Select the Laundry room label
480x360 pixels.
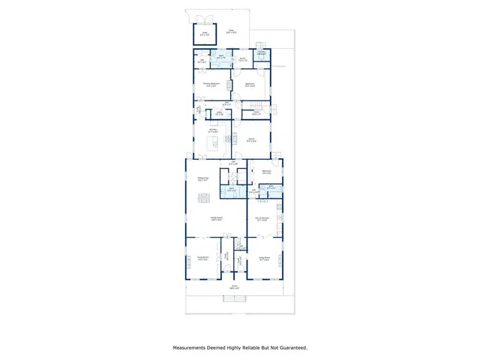(262, 53)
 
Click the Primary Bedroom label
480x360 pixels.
(211, 84)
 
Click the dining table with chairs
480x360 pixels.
(203, 198)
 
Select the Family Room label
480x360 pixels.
(216, 219)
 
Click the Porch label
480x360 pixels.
(235, 286)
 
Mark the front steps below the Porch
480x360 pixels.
(235, 300)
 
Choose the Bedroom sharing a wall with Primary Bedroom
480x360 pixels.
(250, 84)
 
